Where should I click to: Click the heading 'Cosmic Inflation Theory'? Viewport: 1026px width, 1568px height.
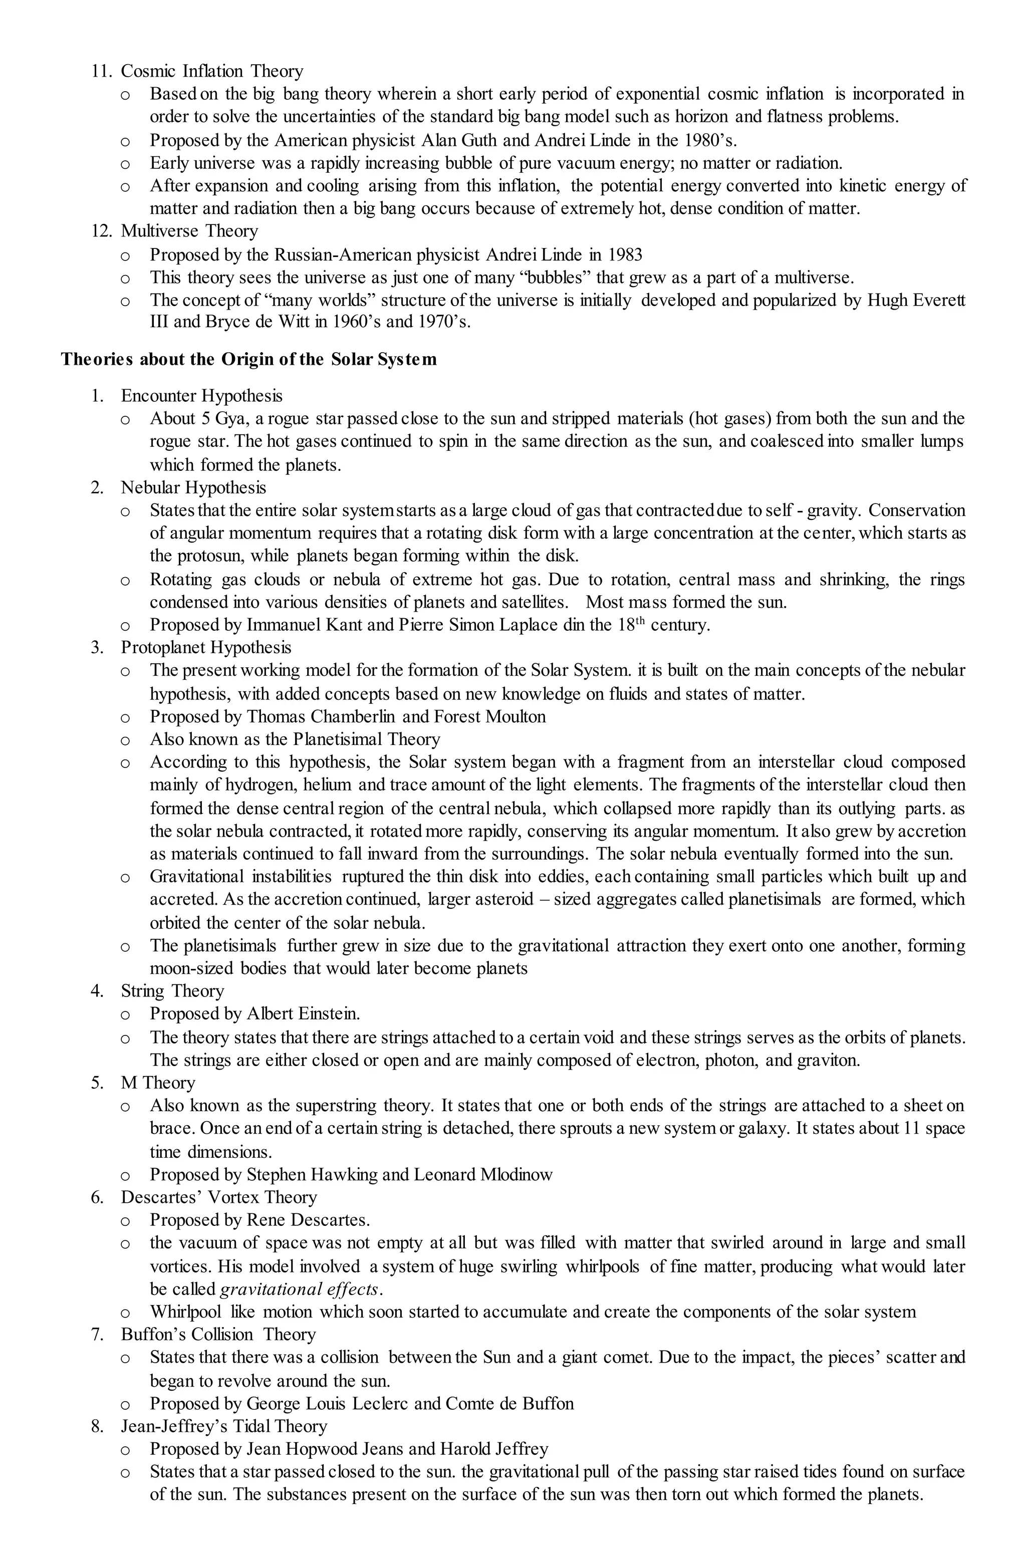click(211, 71)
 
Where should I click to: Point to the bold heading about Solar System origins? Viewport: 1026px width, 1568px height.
click(248, 360)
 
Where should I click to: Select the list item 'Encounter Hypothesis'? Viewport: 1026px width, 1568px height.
click(201, 396)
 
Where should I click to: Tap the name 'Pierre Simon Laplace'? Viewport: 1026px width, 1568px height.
click(478, 625)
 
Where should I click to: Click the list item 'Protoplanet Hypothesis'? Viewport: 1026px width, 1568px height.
click(205, 648)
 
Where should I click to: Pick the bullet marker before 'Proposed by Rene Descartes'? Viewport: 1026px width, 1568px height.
click(125, 1221)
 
